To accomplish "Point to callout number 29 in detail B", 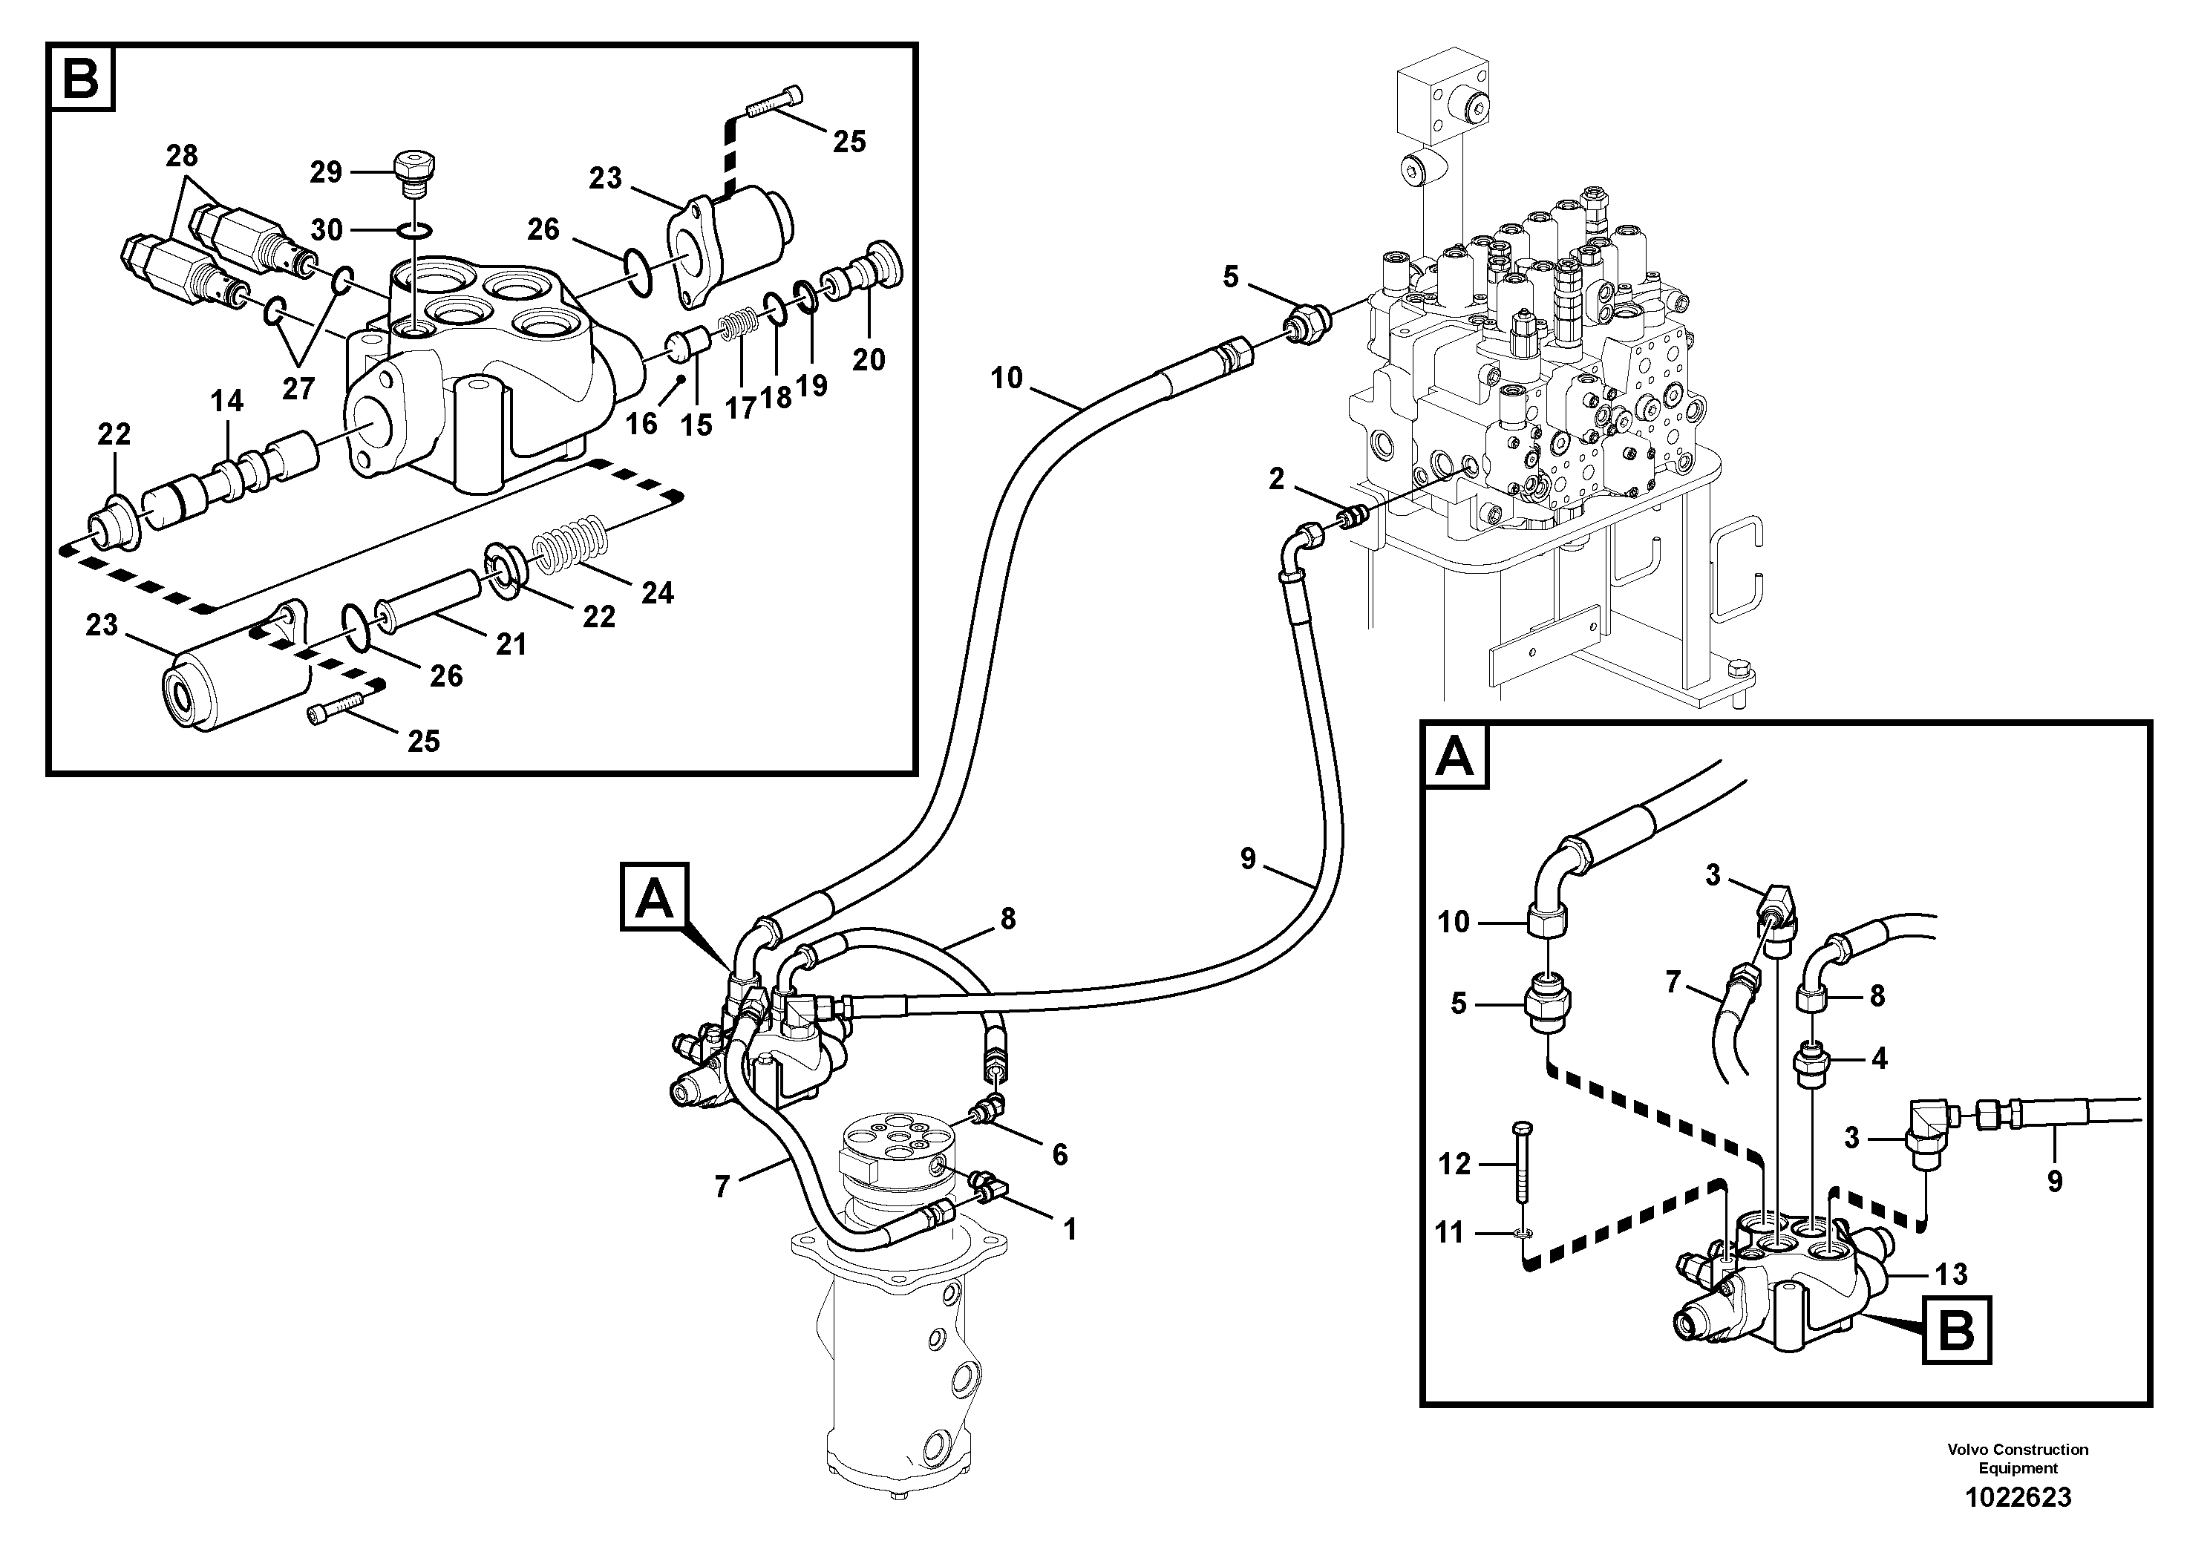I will tap(325, 172).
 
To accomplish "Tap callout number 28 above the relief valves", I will tap(181, 155).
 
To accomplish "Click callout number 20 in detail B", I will tap(869, 360).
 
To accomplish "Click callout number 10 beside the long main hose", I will tap(1006, 379).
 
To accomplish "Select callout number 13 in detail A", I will tap(1951, 1274).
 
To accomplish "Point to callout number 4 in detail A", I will tap(1878, 1058).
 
